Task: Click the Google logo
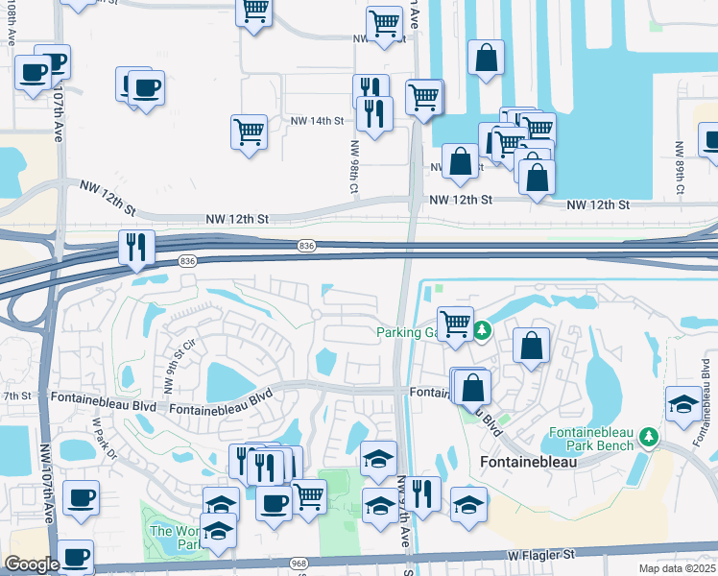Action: [x=32, y=564]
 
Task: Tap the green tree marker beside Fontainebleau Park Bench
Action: [x=650, y=438]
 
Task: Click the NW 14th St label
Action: [x=317, y=121]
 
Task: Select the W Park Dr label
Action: [x=103, y=437]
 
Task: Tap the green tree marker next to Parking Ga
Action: [x=482, y=332]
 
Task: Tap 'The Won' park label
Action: [x=173, y=531]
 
